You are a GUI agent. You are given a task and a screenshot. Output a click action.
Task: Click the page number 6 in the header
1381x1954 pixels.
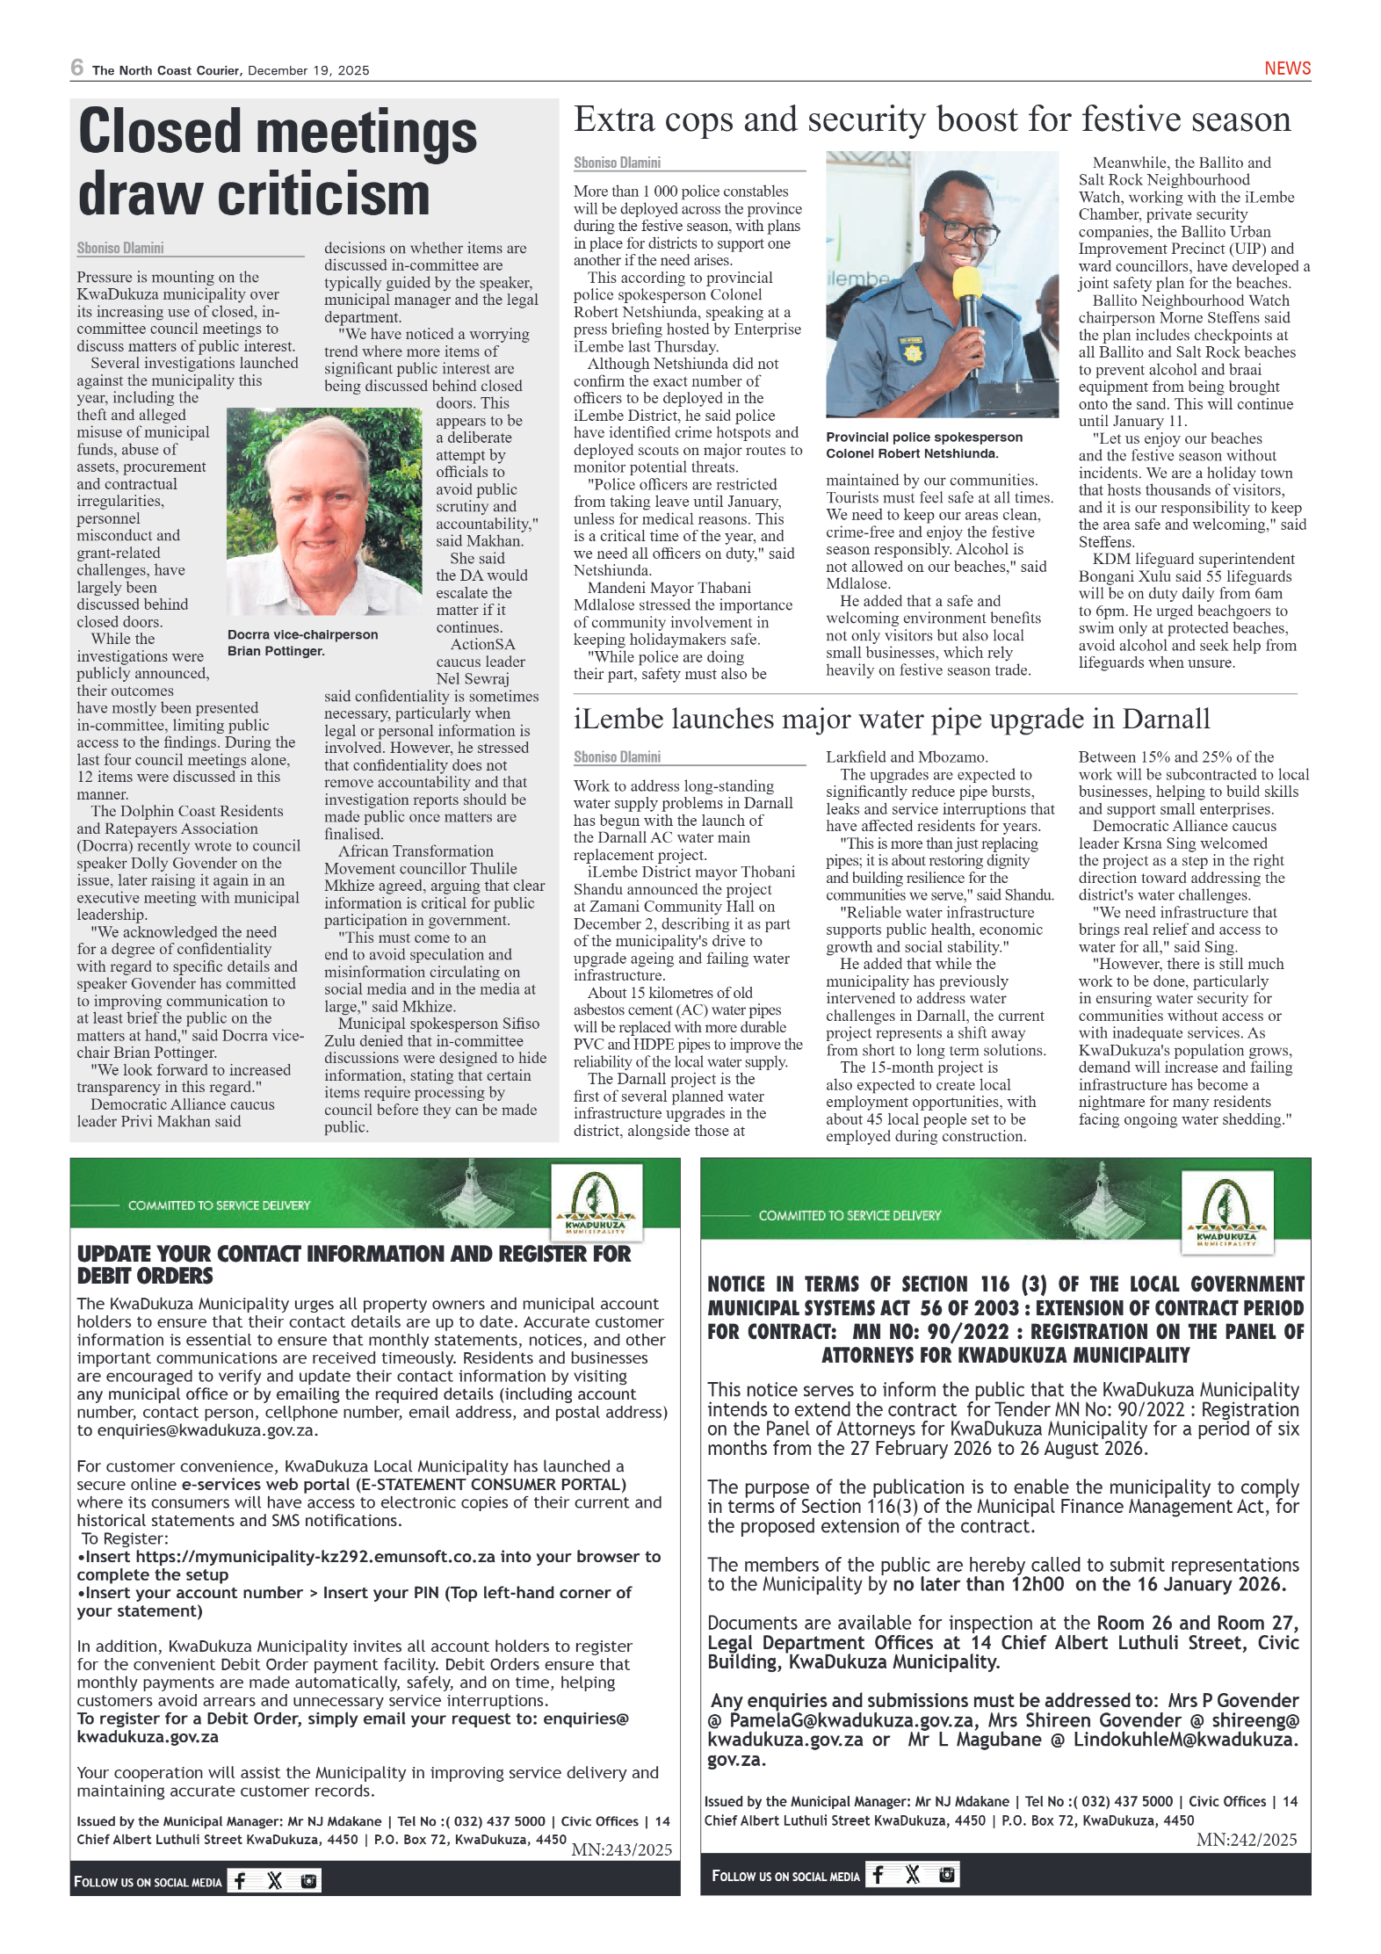coord(77,68)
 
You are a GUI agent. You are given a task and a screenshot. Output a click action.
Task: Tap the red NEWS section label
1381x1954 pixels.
coord(1287,69)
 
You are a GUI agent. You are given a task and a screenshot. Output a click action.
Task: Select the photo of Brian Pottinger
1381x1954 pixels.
coord(324,510)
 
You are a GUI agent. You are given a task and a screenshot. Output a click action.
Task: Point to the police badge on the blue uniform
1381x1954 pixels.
coord(910,351)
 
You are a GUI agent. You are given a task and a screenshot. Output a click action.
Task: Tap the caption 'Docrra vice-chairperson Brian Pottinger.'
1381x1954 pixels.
coord(302,642)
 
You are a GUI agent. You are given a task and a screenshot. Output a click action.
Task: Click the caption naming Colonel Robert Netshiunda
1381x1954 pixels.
coord(923,445)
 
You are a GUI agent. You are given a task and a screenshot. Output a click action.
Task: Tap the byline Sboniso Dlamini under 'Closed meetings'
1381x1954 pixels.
coord(120,249)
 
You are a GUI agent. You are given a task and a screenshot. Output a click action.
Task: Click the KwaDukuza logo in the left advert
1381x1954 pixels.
coord(596,1202)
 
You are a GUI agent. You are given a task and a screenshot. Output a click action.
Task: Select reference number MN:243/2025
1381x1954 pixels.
coord(621,1849)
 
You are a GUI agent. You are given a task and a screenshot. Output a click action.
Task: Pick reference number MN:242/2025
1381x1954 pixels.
coord(1246,1839)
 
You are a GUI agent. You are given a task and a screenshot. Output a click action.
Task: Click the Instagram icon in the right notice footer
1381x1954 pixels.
coord(946,1874)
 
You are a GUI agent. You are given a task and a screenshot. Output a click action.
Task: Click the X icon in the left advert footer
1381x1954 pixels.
coord(275,1880)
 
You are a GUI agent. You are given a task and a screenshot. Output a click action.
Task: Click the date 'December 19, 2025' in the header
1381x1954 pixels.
coord(308,71)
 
